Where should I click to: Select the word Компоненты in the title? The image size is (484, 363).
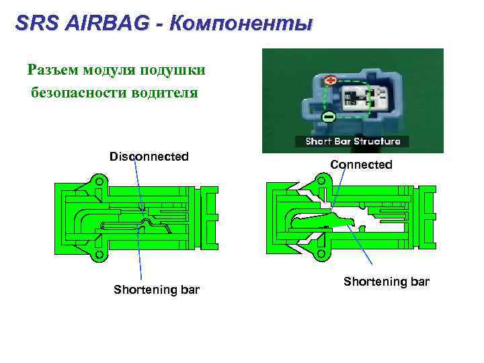[x=241, y=24]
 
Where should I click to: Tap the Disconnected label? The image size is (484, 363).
[x=149, y=157]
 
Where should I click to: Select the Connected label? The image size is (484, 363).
[x=361, y=164]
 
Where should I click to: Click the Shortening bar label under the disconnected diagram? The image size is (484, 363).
[x=157, y=290]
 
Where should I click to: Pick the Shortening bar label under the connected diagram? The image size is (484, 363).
[x=386, y=281]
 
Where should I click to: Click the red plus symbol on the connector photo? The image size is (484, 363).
[x=330, y=81]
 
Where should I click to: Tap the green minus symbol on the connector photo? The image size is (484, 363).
[x=329, y=117]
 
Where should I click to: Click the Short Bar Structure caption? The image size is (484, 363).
[x=353, y=141]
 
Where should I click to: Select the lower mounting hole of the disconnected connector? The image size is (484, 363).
[x=99, y=255]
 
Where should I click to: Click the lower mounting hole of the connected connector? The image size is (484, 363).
[x=323, y=253]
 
